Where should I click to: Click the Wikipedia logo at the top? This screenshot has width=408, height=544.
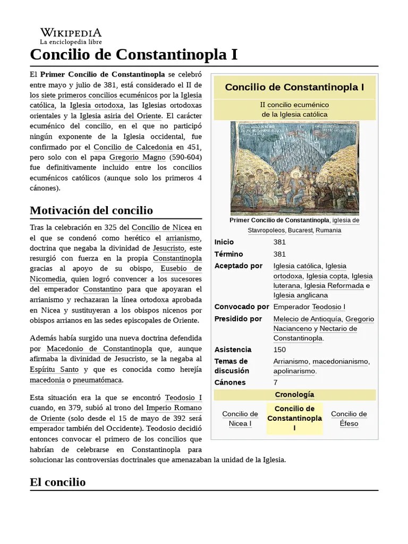point(71,36)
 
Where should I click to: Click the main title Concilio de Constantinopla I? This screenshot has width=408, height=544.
point(134,54)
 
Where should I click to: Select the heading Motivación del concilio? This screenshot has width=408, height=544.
point(91,210)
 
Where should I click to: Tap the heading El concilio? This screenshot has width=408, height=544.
point(58,482)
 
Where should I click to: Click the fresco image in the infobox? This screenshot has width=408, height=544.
point(294,167)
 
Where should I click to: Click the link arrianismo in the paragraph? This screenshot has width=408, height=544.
point(183,238)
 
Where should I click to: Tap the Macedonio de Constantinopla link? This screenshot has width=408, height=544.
point(99,348)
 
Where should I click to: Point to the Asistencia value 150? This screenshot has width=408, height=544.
point(279,350)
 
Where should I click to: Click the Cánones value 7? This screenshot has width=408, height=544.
point(276,382)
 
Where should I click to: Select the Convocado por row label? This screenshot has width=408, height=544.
point(241,307)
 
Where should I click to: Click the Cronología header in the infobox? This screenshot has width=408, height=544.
point(294,395)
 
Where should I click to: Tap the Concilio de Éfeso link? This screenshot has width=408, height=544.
point(348,419)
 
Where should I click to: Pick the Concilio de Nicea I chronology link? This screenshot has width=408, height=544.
point(240,419)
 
